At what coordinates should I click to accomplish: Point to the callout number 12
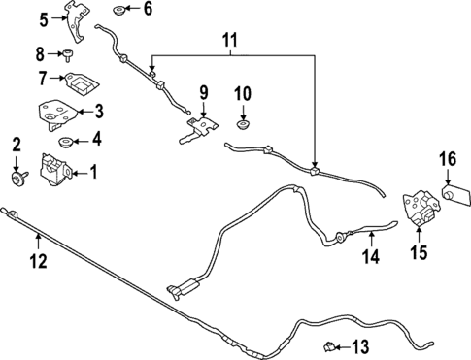(x=37, y=260)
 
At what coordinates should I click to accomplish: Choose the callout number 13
(x=360, y=346)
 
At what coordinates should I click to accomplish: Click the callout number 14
(x=370, y=257)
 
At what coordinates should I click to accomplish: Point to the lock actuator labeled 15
(x=421, y=207)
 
